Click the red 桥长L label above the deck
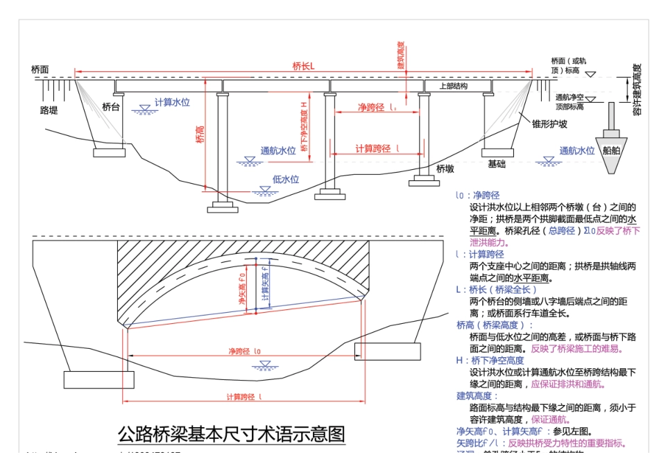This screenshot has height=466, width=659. [x=303, y=66]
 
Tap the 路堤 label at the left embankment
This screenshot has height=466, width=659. [x=49, y=110]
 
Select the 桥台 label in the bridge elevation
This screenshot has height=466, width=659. [x=111, y=107]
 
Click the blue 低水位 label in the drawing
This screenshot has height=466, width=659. [x=286, y=179]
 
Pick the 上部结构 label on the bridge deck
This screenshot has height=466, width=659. [x=454, y=86]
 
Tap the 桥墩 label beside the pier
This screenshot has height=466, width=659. [x=445, y=168]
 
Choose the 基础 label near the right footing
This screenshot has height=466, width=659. [x=497, y=164]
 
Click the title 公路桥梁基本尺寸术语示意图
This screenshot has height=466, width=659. [x=231, y=434]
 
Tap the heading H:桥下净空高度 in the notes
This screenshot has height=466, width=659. [x=490, y=361]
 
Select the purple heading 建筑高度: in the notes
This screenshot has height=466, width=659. [x=477, y=396]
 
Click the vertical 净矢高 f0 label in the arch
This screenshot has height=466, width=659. [x=242, y=286]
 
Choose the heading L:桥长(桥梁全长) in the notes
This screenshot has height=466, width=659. [x=492, y=289]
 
